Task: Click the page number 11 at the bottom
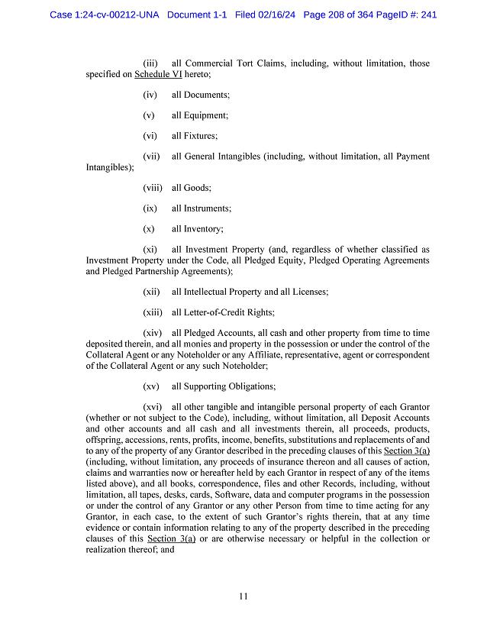click(243, 596)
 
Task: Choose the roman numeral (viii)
click(152, 188)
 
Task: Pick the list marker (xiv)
click(152, 334)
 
